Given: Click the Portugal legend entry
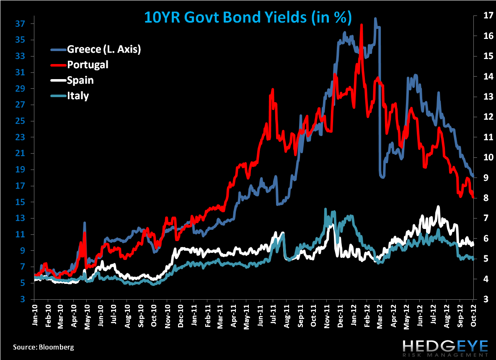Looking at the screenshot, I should (x=87, y=64).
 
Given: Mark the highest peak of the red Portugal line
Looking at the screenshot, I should (x=361, y=25).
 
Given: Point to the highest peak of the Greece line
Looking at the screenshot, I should (x=375, y=19).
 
